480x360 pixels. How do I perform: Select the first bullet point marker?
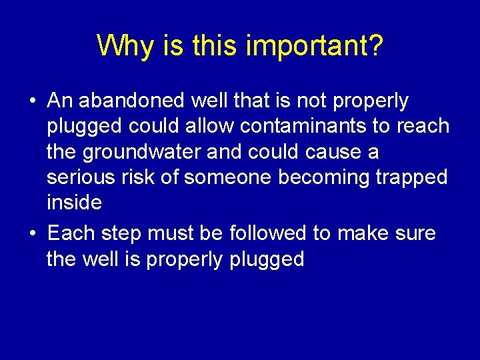point(32,102)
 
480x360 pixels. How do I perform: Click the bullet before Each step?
point(32,235)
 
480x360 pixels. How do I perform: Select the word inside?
point(74,202)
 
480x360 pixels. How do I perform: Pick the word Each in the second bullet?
point(72,233)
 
